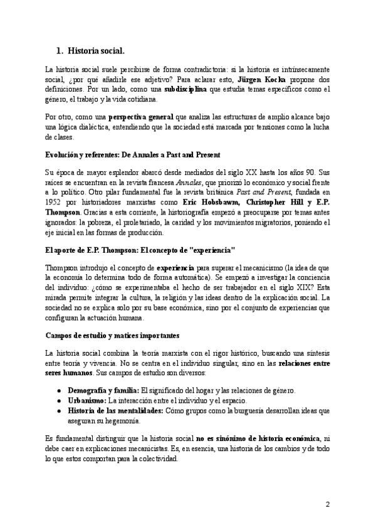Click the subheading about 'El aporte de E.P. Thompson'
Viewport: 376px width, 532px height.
140,250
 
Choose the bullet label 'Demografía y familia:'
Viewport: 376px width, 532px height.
103,390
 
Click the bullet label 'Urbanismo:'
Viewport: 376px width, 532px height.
87,400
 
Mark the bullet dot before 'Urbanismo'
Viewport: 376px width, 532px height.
59,400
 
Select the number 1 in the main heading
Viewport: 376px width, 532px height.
59,50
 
